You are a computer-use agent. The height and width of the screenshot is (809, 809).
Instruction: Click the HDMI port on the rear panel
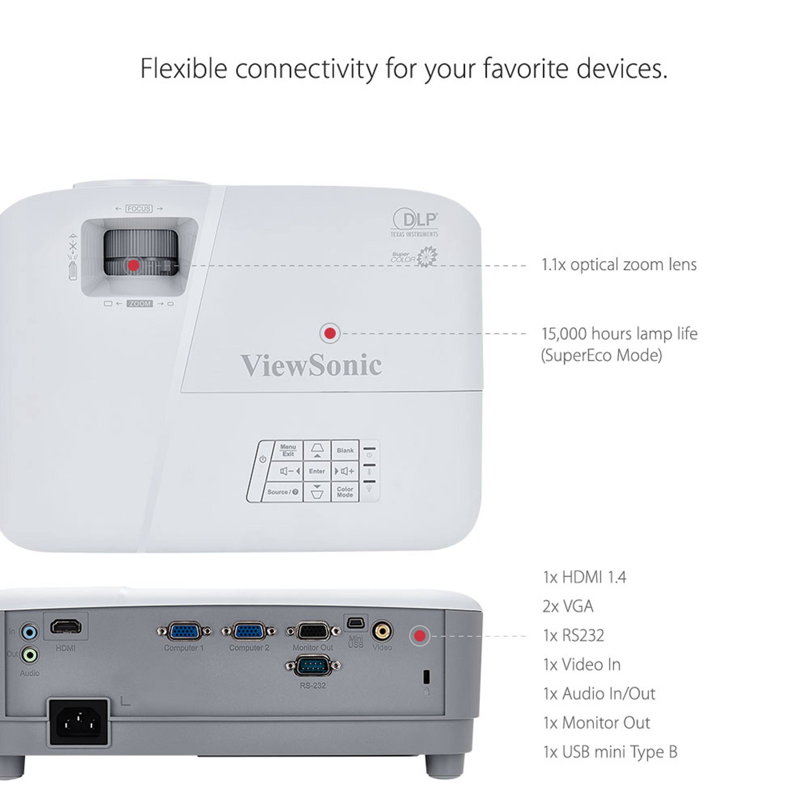point(66,627)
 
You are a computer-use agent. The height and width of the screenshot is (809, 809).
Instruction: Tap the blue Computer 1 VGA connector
point(184,631)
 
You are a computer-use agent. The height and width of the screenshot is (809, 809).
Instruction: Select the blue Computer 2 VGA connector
point(249,631)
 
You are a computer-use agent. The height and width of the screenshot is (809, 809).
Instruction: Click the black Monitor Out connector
point(313,631)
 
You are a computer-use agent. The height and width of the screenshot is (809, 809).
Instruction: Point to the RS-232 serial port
point(313,666)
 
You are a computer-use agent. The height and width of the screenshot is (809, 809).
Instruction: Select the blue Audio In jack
point(29,632)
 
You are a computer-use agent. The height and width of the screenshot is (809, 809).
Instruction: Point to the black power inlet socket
point(79,722)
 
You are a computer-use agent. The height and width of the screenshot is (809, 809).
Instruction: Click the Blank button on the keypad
point(345,451)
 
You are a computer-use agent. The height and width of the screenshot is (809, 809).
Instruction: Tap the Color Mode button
point(345,492)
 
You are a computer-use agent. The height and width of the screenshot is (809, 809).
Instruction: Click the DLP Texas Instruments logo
point(415,222)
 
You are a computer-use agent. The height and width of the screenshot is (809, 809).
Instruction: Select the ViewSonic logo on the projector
point(311,365)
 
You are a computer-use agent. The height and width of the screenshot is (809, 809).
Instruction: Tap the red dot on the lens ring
point(133,265)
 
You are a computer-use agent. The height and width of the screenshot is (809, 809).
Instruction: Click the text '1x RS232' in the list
point(573,635)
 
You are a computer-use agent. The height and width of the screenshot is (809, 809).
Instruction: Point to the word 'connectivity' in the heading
point(307,69)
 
